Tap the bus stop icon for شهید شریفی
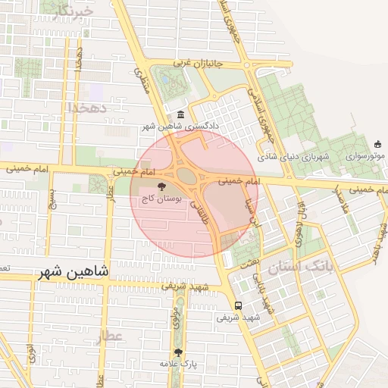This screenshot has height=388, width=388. point(239,305)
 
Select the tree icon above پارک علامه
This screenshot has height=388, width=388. point(178,352)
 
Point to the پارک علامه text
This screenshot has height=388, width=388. point(178,365)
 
